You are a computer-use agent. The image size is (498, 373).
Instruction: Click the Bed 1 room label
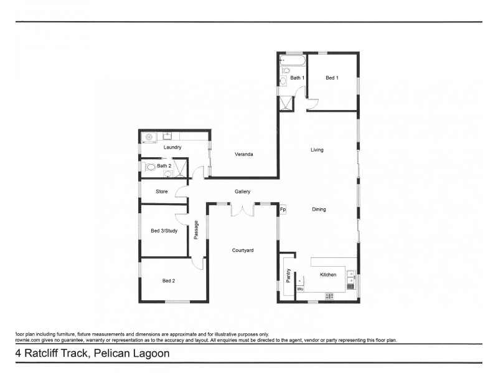click(332, 78)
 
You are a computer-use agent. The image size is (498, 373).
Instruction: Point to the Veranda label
click(244, 154)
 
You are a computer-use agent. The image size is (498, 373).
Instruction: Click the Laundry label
click(172, 147)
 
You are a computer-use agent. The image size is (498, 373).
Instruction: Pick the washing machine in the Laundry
click(149, 137)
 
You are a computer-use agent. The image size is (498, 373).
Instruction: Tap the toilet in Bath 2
click(150, 167)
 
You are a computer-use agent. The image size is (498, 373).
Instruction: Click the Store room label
click(162, 191)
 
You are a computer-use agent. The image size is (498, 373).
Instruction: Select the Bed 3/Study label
click(164, 231)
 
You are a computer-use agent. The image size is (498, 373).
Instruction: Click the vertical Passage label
click(196, 229)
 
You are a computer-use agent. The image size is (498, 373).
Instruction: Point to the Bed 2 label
click(169, 281)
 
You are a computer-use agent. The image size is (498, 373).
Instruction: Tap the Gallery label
click(242, 191)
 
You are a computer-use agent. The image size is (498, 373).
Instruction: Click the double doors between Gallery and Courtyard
click(242, 210)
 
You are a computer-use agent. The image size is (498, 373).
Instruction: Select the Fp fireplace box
click(283, 210)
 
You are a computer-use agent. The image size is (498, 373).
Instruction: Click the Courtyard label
click(243, 250)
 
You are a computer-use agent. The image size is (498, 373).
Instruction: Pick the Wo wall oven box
click(299, 289)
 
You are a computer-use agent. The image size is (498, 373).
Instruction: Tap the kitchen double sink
click(352, 274)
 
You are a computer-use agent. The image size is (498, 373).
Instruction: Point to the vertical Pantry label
click(288, 275)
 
